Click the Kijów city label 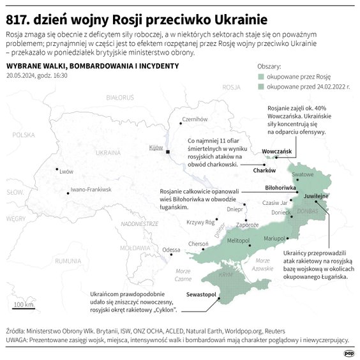pyautogui.click(x=156, y=147)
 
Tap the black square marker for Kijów pyautogui.click(x=167, y=153)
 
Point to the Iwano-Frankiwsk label pyautogui.click(x=91, y=190)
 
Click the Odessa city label pyautogui.click(x=171, y=250)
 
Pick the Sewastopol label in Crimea pyautogui.click(x=203, y=295)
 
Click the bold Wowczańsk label pyautogui.click(x=276, y=151)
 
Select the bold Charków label pyautogui.click(x=264, y=170)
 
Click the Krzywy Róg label pyautogui.click(x=200, y=222)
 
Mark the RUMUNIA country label pyautogui.click(x=68, y=260)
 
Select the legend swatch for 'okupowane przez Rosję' pyautogui.click(x=260, y=76)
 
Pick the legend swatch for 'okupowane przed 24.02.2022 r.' pyautogui.click(x=260, y=86)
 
